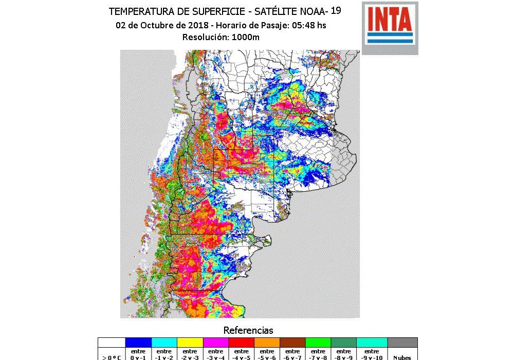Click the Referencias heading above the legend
point(248,330)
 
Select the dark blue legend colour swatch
point(138,343)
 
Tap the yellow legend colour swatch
point(190,343)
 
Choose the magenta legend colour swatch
point(215,343)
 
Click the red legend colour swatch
point(241,343)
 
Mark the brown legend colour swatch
point(292,343)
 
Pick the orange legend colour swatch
point(267,343)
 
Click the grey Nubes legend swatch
point(402,343)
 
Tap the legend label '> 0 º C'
point(112,356)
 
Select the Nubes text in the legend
point(402,357)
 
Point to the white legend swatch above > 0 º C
point(112,343)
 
